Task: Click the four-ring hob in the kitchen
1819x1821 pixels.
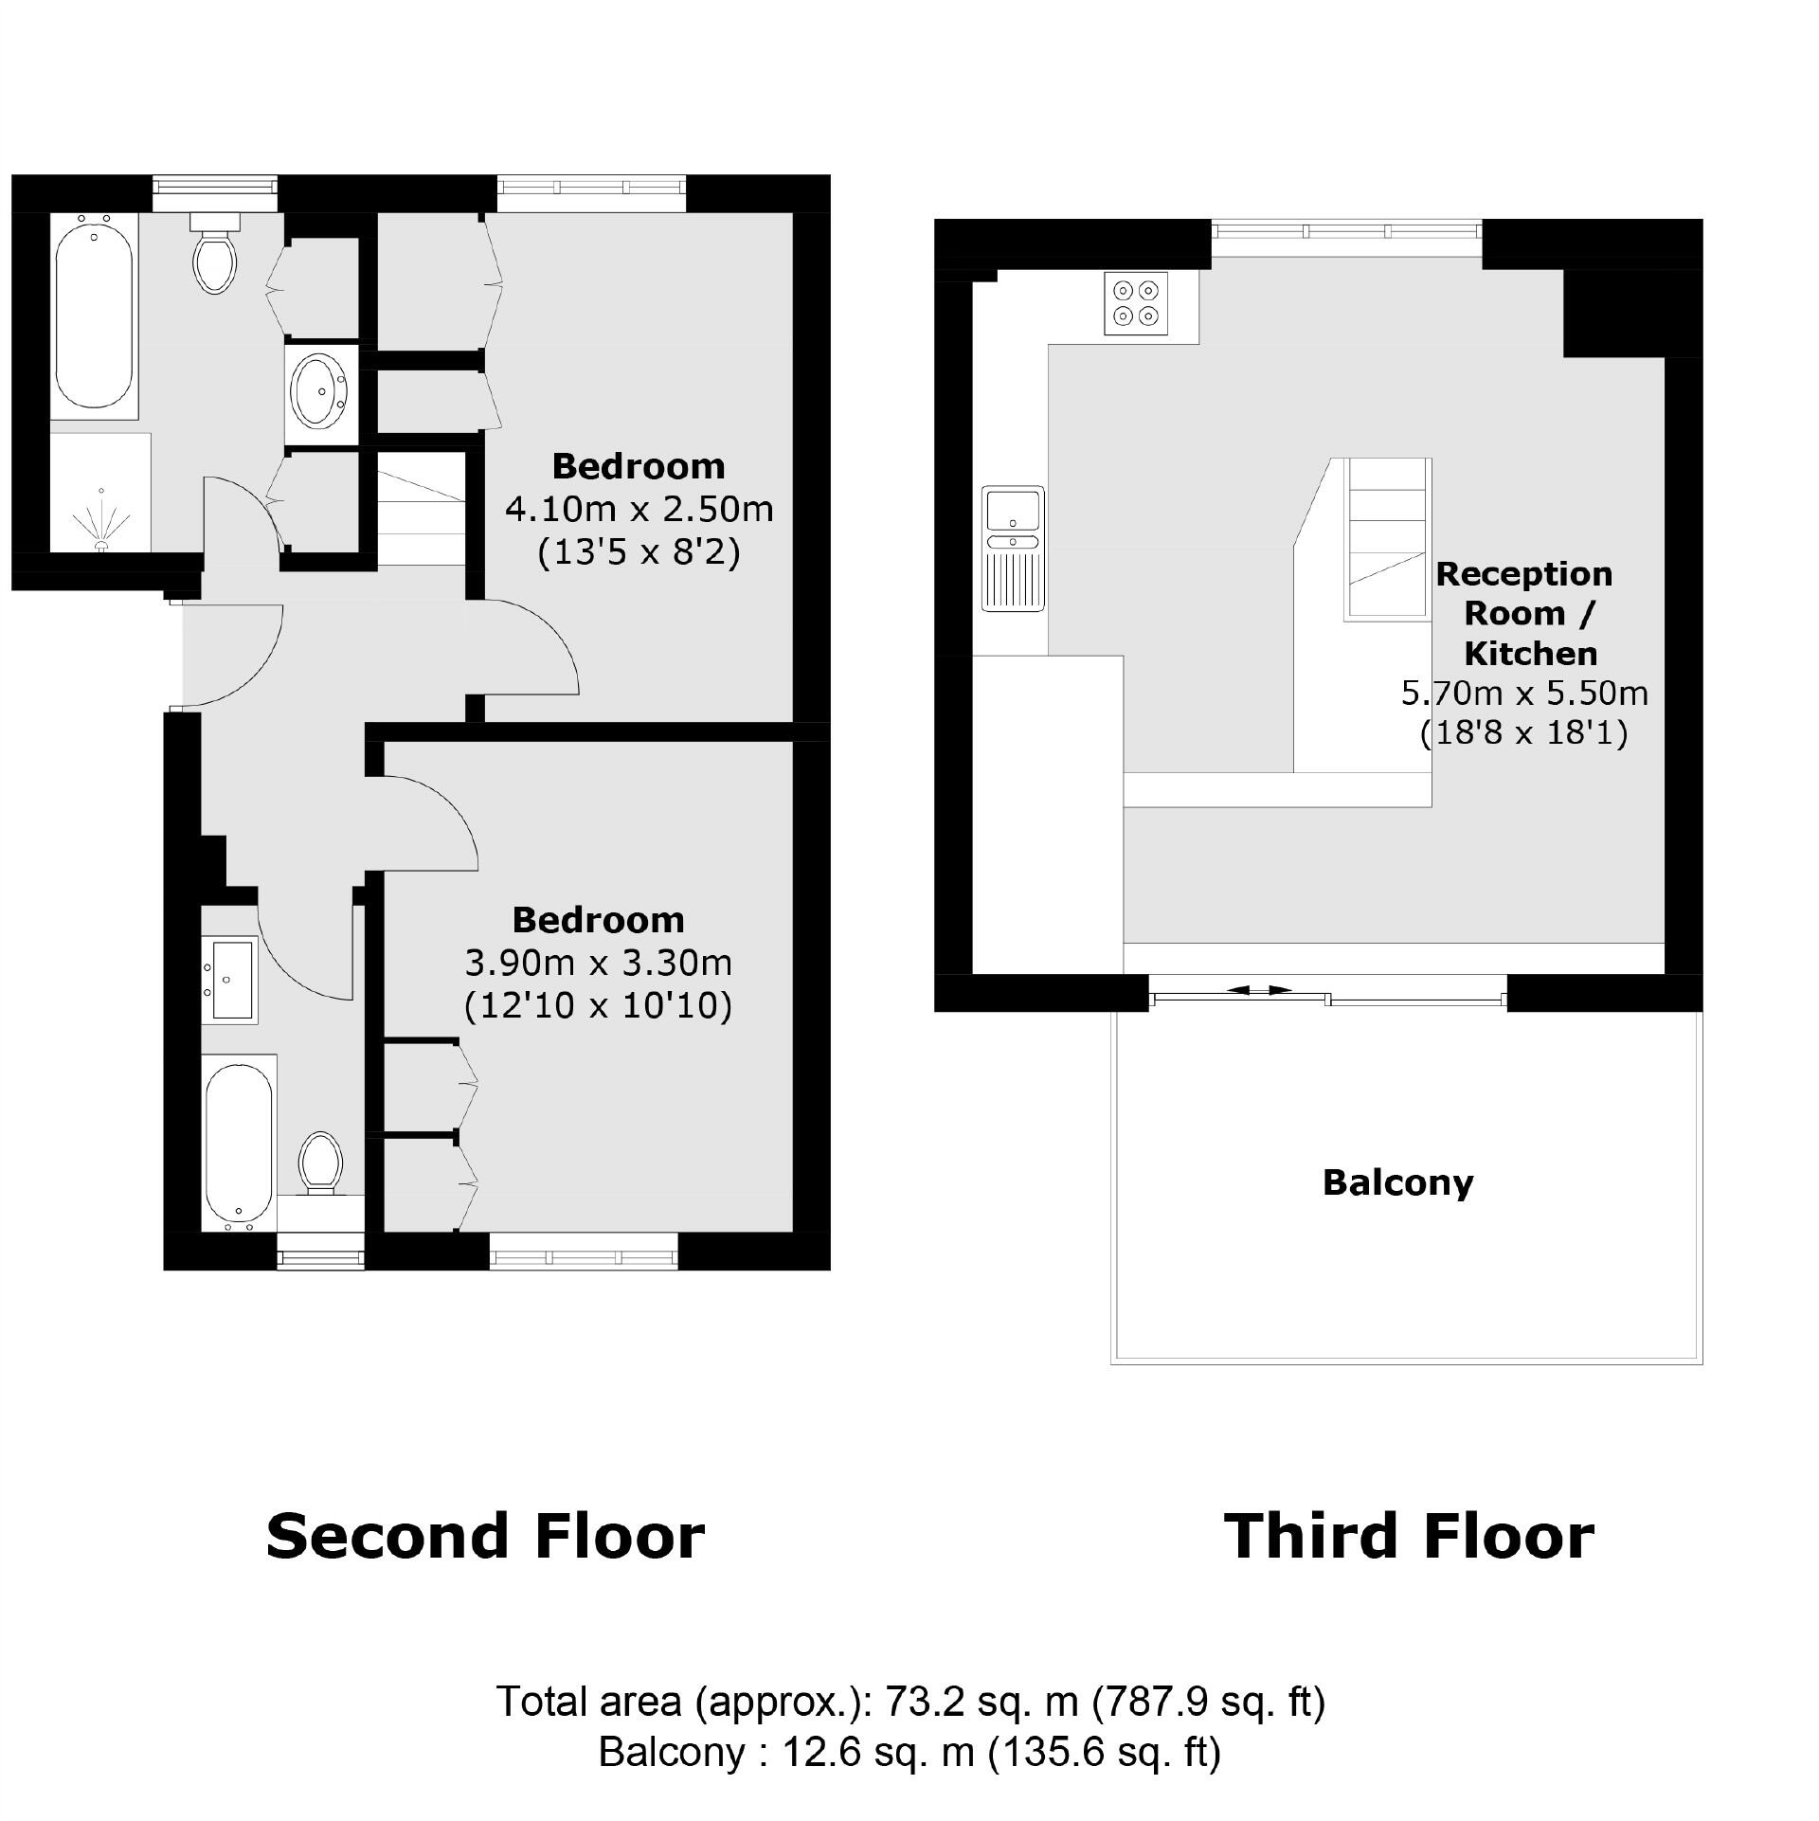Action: point(1136,303)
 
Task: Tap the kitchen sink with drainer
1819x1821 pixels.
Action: point(1012,549)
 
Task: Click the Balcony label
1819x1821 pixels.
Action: point(1397,1182)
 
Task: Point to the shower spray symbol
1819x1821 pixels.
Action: point(100,520)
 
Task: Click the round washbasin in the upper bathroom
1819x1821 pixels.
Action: point(321,390)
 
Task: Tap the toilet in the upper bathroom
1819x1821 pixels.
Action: point(215,257)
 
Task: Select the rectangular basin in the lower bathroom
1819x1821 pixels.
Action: point(230,980)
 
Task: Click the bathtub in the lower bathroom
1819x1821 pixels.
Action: point(239,1143)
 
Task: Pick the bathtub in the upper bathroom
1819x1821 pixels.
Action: point(94,316)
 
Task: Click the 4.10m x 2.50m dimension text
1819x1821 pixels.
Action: point(639,510)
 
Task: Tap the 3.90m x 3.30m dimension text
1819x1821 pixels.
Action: point(598,964)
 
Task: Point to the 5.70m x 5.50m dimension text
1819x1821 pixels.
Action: point(1523,694)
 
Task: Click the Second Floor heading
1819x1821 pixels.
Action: point(485,1536)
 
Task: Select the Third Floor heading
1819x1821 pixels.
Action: point(1409,1536)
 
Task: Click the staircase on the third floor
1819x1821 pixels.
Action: point(1387,540)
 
